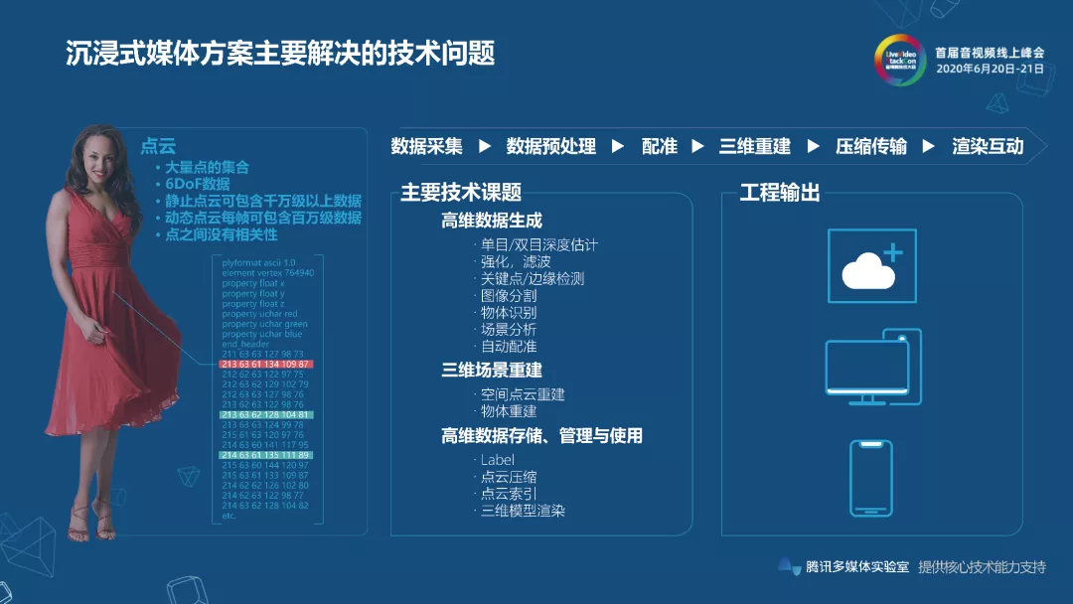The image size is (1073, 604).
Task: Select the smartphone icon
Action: [870, 478]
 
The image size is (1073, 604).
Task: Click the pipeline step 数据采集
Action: [427, 146]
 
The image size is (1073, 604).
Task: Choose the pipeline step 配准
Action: [660, 146]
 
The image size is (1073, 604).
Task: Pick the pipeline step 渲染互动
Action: [988, 146]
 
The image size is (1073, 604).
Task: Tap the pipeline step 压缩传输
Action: [871, 146]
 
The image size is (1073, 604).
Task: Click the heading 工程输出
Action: [780, 193]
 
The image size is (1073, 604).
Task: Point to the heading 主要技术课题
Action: [461, 193]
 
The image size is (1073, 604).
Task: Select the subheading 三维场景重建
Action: [492, 370]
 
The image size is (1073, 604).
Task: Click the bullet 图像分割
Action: [509, 295]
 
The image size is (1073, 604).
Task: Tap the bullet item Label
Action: [498, 459]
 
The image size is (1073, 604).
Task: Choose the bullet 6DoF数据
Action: [198, 184]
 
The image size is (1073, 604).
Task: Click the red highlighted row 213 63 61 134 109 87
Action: [266, 364]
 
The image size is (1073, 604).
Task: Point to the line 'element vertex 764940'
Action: [268, 272]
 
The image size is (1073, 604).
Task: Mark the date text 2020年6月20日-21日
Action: [990, 69]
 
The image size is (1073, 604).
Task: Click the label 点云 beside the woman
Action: [158, 145]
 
